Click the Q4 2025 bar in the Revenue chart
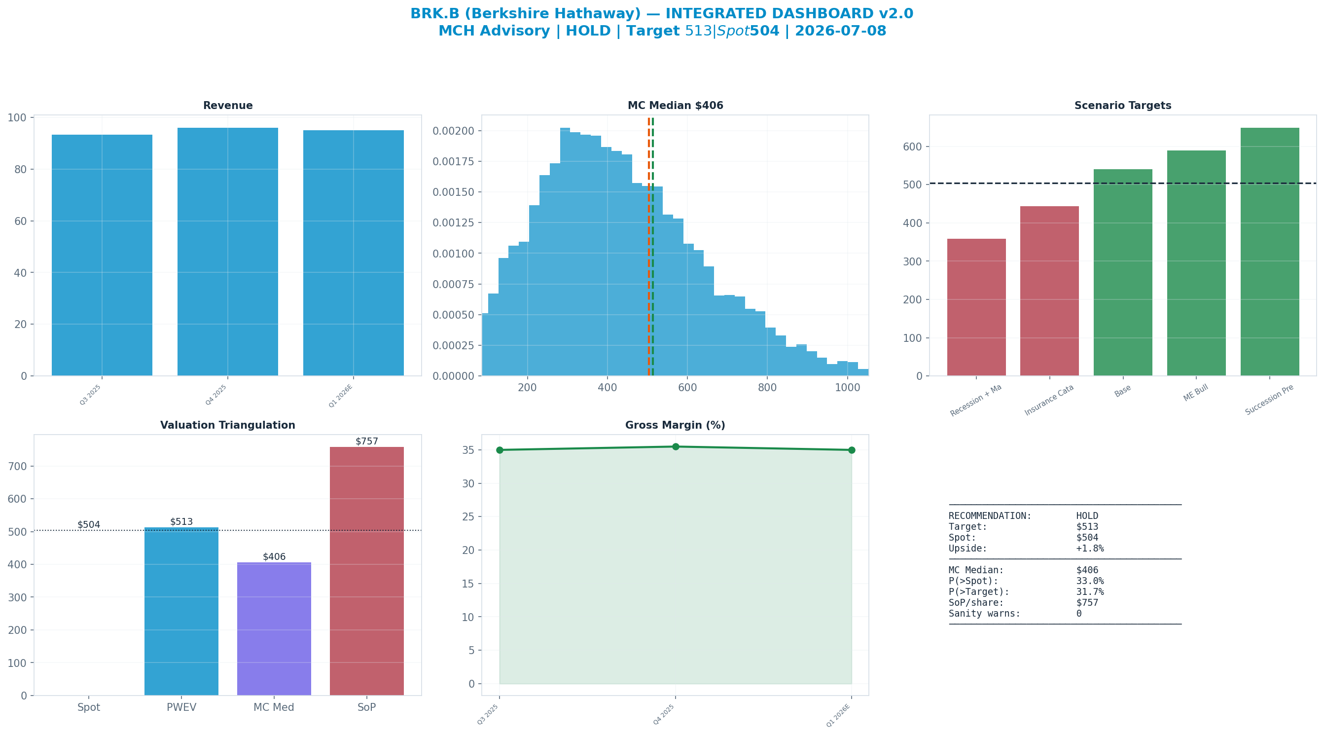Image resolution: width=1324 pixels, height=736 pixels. [x=228, y=252]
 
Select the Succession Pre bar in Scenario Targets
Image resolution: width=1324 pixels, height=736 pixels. [x=1270, y=252]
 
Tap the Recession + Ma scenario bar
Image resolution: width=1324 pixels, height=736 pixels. [x=976, y=307]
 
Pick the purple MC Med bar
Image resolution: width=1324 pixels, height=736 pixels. [x=274, y=628]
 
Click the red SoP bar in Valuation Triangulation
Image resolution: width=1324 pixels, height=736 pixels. [x=366, y=571]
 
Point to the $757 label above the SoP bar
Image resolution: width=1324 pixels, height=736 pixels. [x=366, y=442]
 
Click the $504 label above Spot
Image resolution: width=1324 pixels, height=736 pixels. [x=89, y=524]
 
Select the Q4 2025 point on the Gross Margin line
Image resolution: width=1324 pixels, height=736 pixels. [x=676, y=446]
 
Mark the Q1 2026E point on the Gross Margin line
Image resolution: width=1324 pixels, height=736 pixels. [x=852, y=450]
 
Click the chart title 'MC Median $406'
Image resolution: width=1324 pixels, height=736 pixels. [x=676, y=106]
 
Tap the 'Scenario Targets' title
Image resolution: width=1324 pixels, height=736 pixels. [x=1122, y=106]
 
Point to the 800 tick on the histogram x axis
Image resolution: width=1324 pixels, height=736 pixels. [x=767, y=387]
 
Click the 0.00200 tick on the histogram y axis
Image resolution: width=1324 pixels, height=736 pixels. [x=453, y=131]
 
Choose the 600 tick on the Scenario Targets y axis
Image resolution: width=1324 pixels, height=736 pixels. [x=912, y=147]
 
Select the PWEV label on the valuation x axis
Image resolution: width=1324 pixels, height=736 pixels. [x=181, y=707]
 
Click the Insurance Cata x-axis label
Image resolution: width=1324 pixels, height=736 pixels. [x=1049, y=400]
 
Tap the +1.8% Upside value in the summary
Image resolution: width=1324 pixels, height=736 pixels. [x=1090, y=548]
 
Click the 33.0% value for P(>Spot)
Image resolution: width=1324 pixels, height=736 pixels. [x=1090, y=581]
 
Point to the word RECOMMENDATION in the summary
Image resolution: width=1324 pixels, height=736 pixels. [x=990, y=516]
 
